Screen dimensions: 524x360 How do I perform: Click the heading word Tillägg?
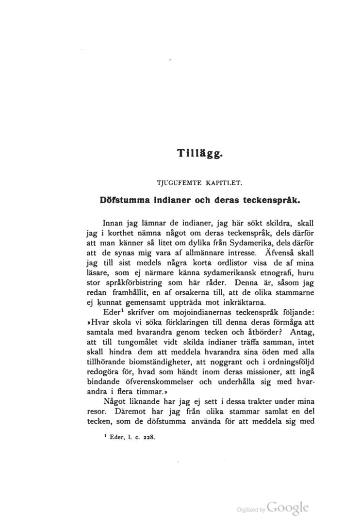pyautogui.click(x=200, y=154)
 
